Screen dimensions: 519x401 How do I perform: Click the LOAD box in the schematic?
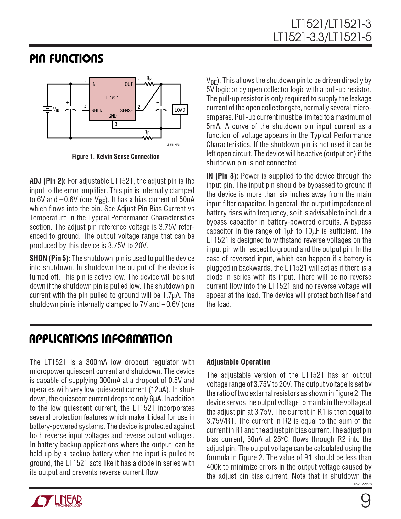[x=180, y=110]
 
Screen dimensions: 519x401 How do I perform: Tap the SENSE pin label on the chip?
[x=126, y=110]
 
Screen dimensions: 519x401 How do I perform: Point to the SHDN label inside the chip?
[x=97, y=110]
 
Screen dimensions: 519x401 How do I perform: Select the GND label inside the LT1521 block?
[x=112, y=116]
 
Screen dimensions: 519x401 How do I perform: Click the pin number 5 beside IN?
[x=85, y=81]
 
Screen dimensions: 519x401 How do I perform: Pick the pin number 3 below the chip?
[x=116, y=124]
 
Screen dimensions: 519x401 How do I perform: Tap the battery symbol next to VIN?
[x=47, y=109]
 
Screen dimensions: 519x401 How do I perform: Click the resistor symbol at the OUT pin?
[x=149, y=84]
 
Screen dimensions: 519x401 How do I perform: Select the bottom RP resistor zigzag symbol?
[x=147, y=138]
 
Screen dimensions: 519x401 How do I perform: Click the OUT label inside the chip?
[x=129, y=84]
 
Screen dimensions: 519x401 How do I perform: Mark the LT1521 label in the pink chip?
[x=112, y=98]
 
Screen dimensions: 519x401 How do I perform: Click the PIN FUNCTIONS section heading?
[x=66, y=59]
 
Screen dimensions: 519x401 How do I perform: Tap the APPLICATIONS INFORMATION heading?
[x=101, y=339]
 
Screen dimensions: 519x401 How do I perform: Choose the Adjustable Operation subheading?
[x=238, y=362]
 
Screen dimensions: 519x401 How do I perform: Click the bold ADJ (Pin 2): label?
[x=47, y=181]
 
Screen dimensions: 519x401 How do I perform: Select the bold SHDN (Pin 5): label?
[x=50, y=259]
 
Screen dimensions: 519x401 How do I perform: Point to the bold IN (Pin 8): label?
[x=222, y=176]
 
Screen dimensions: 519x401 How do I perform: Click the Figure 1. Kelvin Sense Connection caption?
[x=115, y=157]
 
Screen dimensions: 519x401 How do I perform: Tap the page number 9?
[x=365, y=501]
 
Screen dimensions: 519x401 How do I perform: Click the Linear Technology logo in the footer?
[x=56, y=501]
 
